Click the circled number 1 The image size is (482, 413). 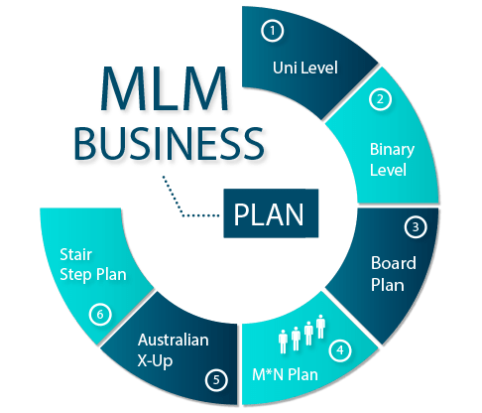273,31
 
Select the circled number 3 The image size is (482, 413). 417,226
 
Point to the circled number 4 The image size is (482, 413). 340,349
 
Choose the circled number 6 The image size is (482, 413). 98,315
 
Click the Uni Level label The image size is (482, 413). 304,69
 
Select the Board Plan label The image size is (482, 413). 394,273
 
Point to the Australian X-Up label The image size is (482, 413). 175,348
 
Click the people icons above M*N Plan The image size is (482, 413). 302,333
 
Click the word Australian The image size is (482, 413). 175,340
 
